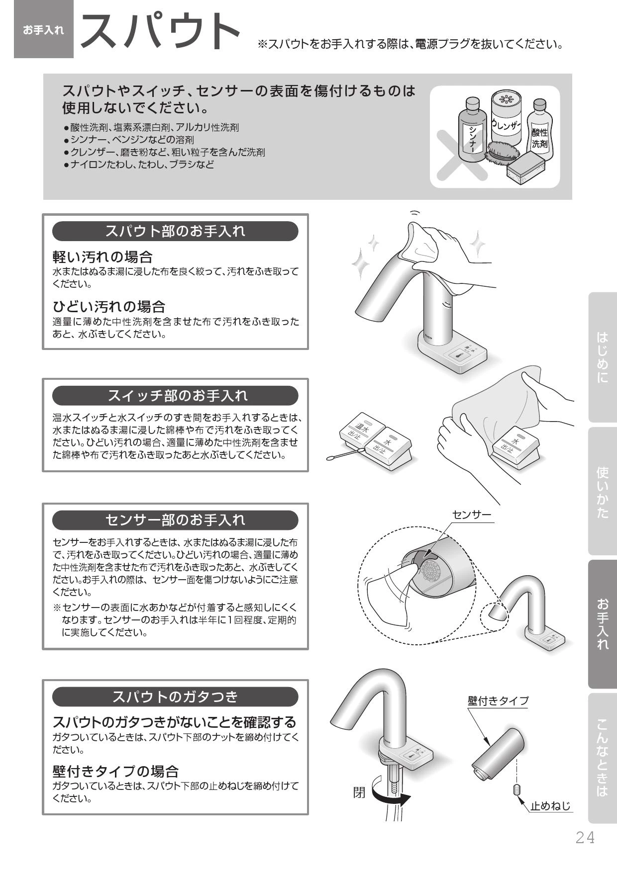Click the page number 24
(x=585, y=838)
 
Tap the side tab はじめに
(x=603, y=357)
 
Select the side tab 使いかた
(x=603, y=491)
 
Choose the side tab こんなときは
(x=603, y=758)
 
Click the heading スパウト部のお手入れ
(x=175, y=231)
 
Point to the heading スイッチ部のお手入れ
(x=175, y=396)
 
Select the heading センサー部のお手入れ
(x=175, y=520)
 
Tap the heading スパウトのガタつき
(x=175, y=697)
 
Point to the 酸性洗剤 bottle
(x=539, y=130)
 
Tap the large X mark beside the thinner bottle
(x=461, y=155)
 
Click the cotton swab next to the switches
(x=345, y=453)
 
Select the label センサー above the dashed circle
(x=471, y=515)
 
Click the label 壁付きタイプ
(x=498, y=700)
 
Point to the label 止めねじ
(x=551, y=805)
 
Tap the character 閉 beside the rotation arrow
(x=359, y=792)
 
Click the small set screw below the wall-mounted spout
(x=516, y=789)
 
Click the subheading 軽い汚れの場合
(x=103, y=257)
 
